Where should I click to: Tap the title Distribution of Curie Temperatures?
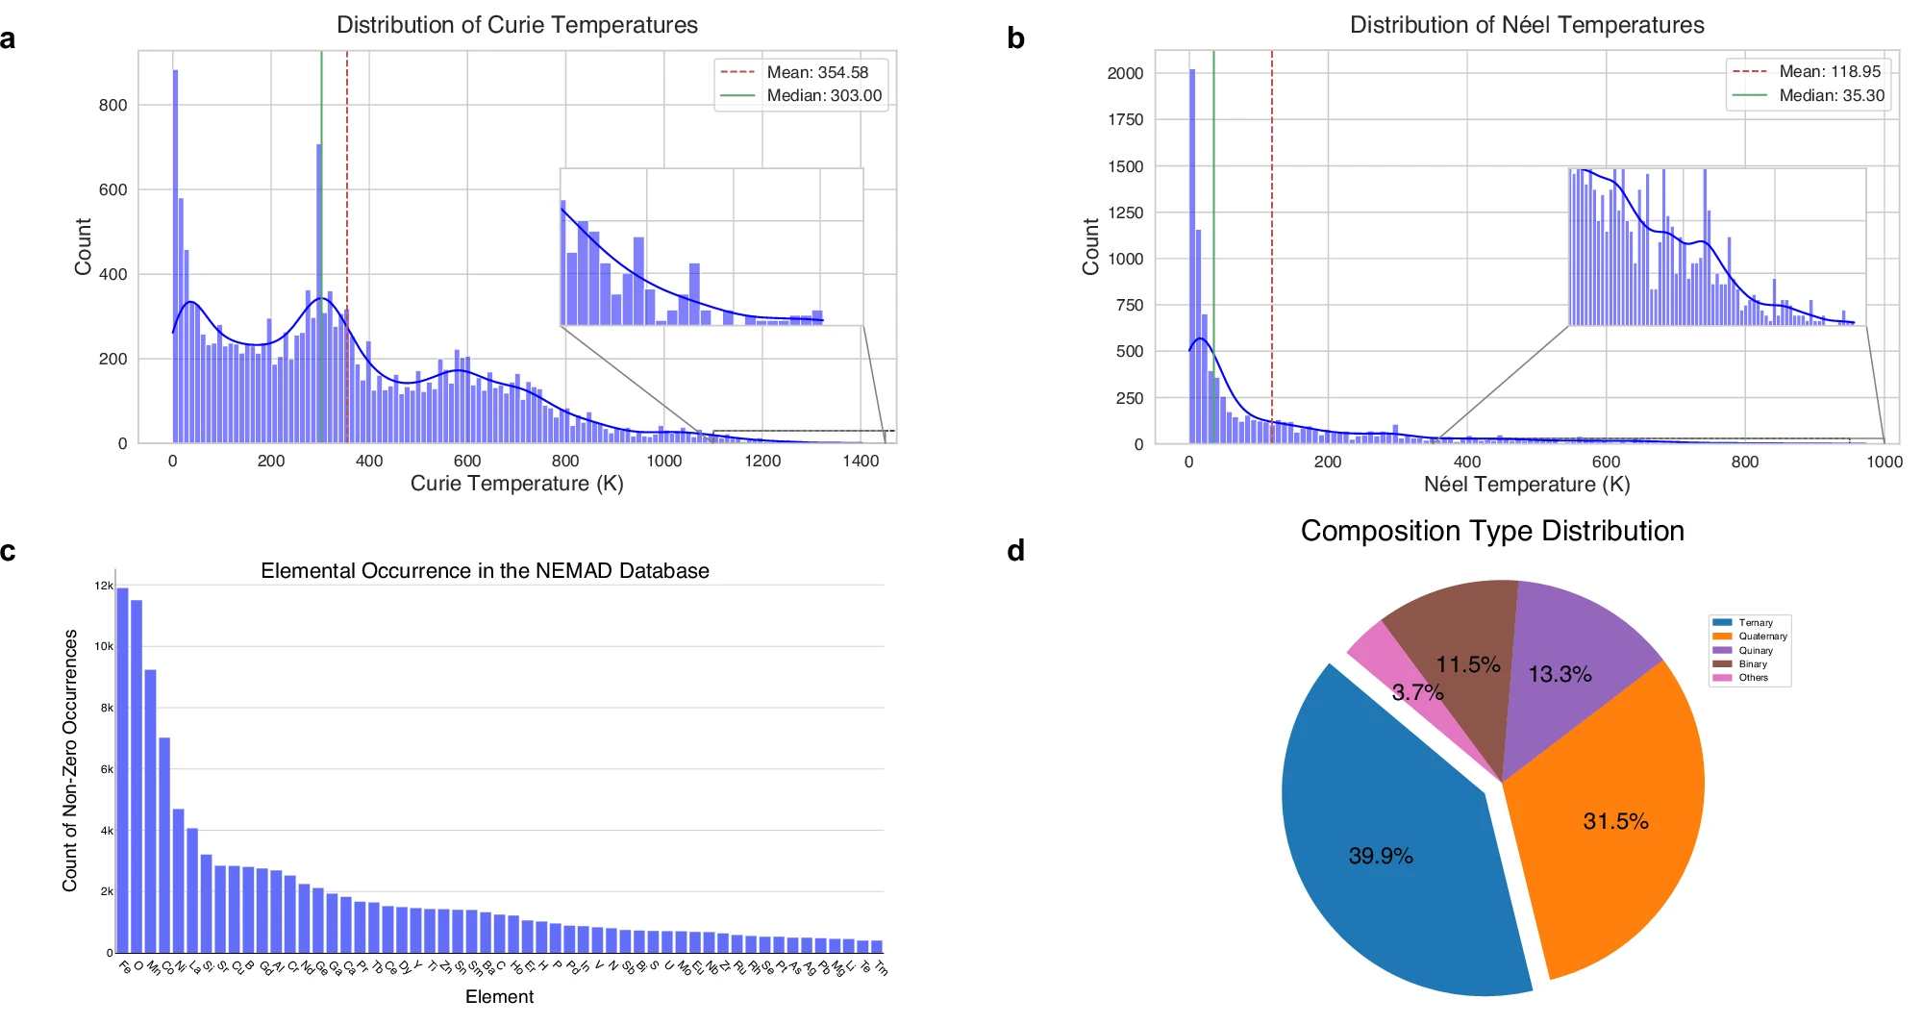tap(516, 25)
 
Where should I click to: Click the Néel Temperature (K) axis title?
tap(1526, 485)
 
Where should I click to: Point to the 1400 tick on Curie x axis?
tap(860, 462)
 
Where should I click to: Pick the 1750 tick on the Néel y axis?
tap(1125, 119)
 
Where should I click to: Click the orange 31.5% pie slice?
tap(1606, 817)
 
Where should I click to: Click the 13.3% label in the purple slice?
tap(1560, 674)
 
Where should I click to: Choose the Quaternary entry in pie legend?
tap(1761, 637)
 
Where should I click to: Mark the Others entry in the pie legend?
tap(1753, 678)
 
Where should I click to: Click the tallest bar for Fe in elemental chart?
tap(122, 769)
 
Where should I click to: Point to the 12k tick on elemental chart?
tap(103, 586)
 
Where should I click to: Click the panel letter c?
tap(9, 551)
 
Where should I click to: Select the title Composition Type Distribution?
tap(1491, 531)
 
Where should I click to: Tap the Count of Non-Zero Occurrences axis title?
tap(69, 760)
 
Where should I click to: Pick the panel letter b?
tap(1015, 38)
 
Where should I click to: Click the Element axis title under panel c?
tap(499, 997)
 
